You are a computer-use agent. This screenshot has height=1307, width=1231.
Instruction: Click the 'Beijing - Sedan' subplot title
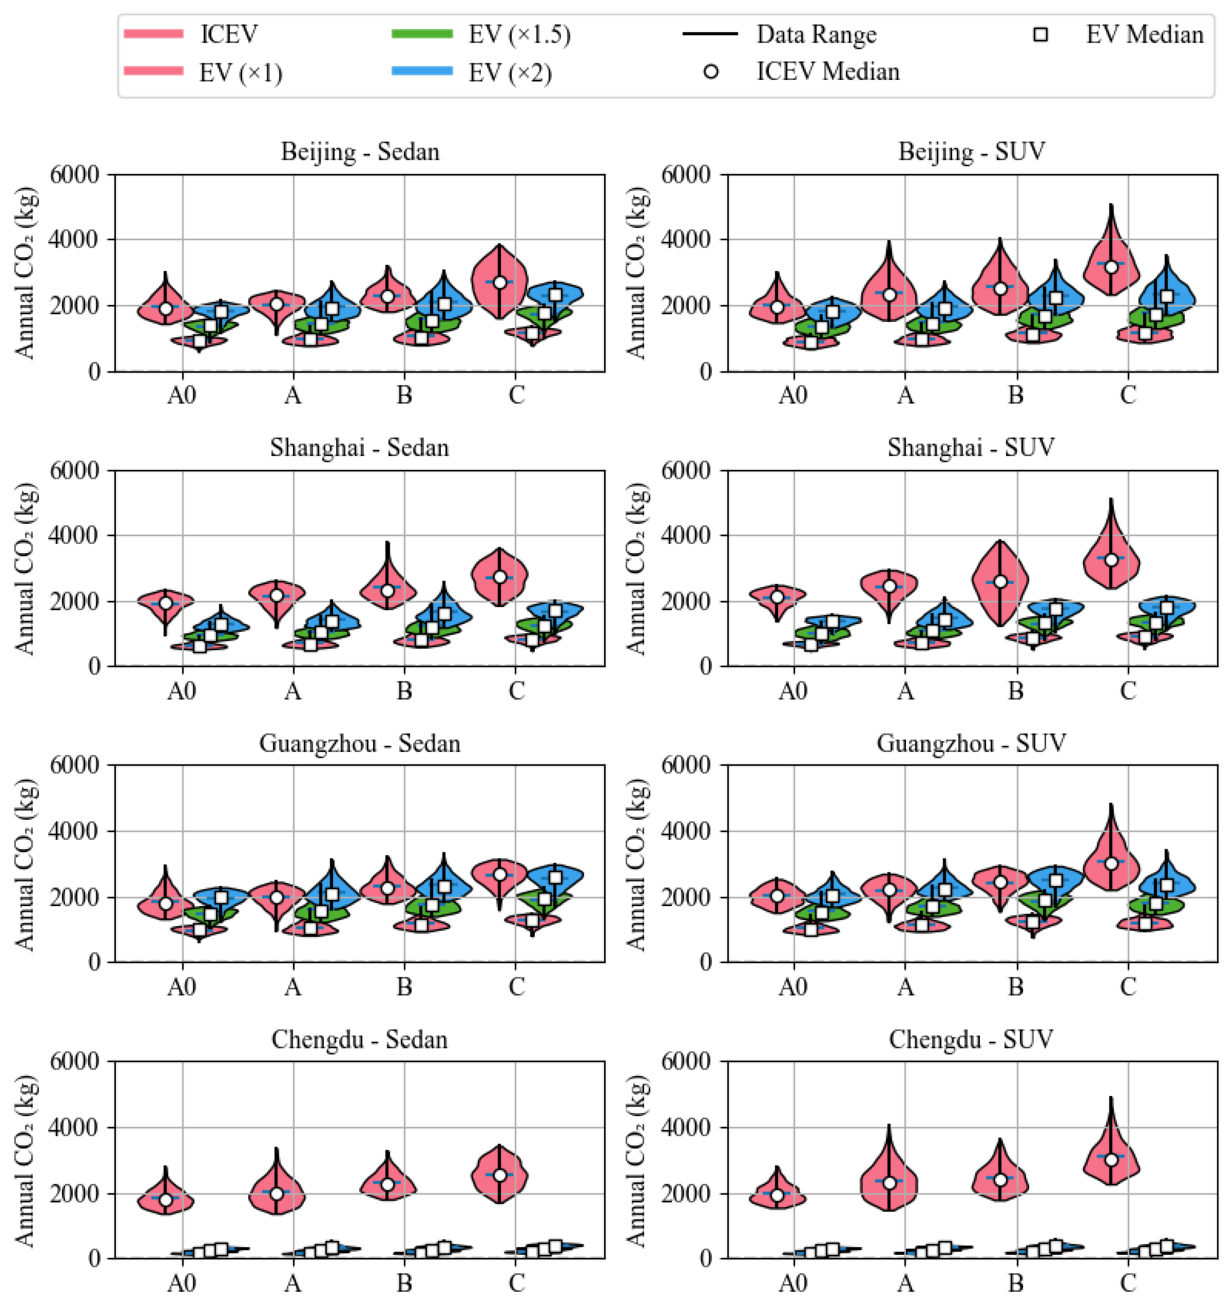coord(360,152)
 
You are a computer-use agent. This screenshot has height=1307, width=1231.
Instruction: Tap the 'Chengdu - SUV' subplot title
coord(971,1039)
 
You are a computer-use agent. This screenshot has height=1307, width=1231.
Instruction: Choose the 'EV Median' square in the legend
coord(1040,34)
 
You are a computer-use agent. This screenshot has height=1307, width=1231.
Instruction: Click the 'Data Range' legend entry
coord(816,34)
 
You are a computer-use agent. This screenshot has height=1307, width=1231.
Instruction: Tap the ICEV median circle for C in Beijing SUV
coord(1111,267)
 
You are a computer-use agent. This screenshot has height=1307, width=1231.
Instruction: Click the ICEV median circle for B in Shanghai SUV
coord(1000,582)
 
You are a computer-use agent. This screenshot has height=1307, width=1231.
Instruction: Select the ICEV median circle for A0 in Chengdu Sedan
coord(166,1200)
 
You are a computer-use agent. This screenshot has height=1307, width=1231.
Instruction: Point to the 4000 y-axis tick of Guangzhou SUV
coord(687,831)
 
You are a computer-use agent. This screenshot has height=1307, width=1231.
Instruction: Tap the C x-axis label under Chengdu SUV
coord(1128,1283)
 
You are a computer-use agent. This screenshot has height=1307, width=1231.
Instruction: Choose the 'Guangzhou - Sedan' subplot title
coord(360,743)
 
